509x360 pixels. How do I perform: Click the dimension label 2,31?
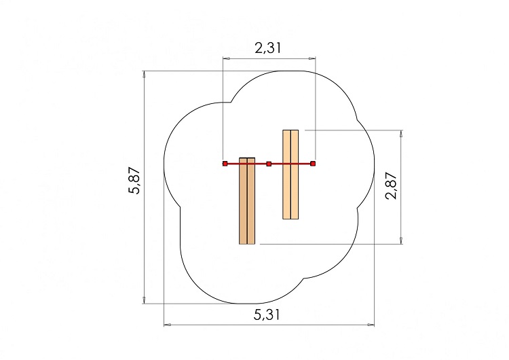pos(268,48)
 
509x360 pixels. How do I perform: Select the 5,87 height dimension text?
pos(134,181)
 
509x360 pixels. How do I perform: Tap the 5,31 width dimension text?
pos(266,314)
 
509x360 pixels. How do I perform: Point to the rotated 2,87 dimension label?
pos(391,185)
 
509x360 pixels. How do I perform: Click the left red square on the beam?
pos(225,164)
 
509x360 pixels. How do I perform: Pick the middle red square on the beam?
pos(269,164)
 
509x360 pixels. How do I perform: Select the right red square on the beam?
pos(313,164)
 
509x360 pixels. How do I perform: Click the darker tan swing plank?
pos(247,201)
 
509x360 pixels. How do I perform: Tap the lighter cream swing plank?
pos(290,175)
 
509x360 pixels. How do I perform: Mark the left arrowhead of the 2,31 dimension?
pos(226,58)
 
